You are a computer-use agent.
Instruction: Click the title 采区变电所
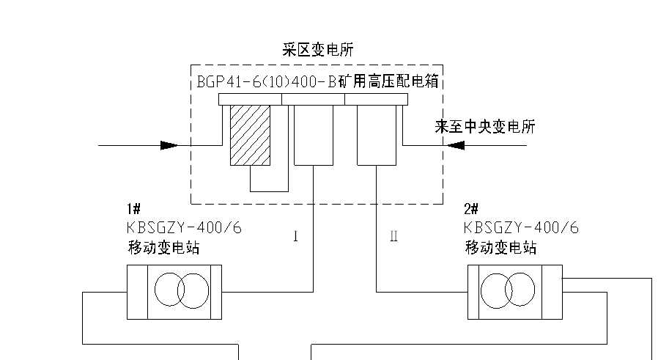(318, 51)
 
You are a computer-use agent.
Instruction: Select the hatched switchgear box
(250, 135)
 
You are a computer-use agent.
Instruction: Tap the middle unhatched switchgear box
(313, 135)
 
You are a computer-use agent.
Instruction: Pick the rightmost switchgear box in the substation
(376, 135)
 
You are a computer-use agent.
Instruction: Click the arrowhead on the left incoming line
(169, 145)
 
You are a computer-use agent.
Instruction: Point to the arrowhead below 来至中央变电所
(456, 145)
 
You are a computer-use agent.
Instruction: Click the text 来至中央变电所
(484, 127)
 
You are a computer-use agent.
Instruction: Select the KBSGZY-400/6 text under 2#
(521, 228)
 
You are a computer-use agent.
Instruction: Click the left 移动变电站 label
(163, 248)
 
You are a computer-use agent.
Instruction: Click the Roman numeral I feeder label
(295, 237)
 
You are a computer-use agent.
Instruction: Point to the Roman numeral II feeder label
(393, 237)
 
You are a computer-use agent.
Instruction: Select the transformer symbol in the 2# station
(514, 292)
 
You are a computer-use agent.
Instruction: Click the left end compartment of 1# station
(137, 292)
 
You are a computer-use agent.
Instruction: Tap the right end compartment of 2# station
(552, 292)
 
